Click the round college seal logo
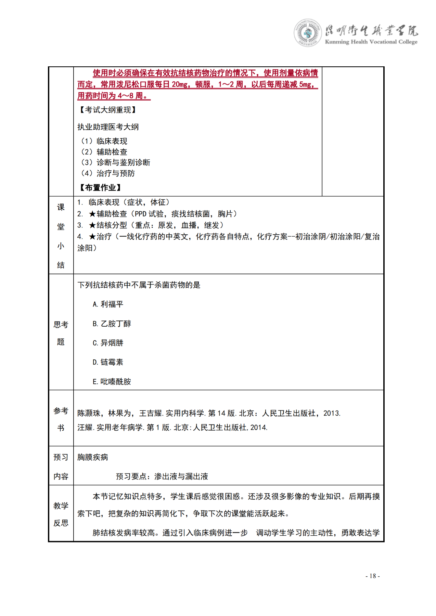307,33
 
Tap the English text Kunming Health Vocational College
371,42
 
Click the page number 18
373,576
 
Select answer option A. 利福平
108,304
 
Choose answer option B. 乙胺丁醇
112,324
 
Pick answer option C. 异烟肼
108,343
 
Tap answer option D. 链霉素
108,362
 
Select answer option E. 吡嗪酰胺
112,382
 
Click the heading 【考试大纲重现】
108,110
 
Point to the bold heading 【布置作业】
100,187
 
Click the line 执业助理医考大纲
108,127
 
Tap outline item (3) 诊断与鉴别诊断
116,162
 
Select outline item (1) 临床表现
104,141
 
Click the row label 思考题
61,333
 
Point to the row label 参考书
61,419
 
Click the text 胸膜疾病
92,457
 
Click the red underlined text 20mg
180,84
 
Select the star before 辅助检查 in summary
92,214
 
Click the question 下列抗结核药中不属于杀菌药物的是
139,285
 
